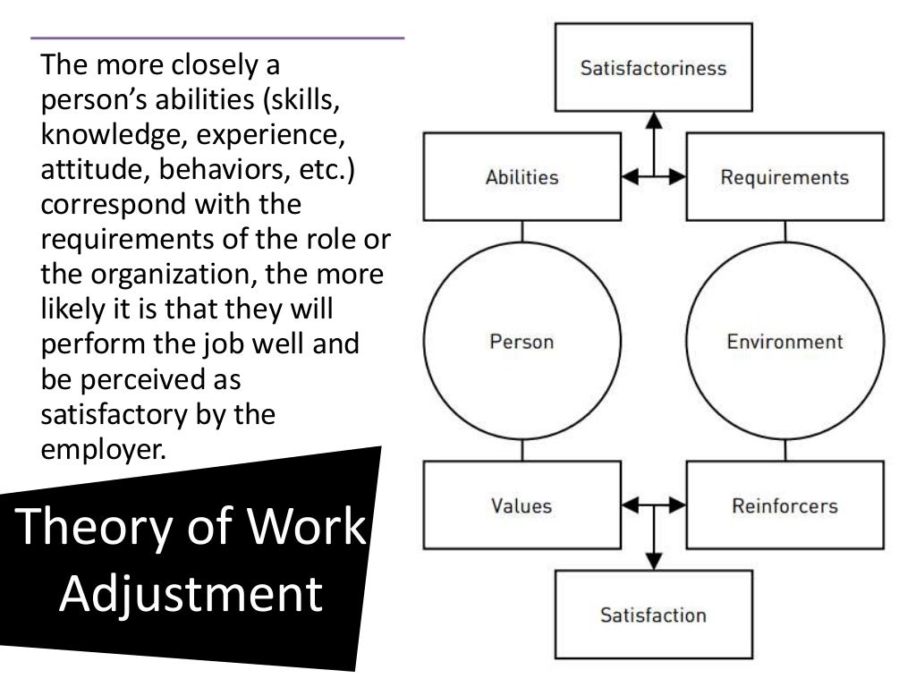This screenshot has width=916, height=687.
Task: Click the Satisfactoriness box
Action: coord(653,68)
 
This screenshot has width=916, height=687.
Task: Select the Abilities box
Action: coord(522,177)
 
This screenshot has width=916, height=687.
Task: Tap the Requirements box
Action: coord(785,177)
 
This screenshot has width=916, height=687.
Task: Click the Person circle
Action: coord(522,342)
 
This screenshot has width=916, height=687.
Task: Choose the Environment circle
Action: coord(785,342)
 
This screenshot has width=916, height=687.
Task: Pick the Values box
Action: coord(522,505)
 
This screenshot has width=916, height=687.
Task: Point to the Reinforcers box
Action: coord(785,505)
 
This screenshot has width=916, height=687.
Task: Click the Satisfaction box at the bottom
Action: coord(653,615)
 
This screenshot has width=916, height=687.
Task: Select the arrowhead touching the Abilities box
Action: coord(630,177)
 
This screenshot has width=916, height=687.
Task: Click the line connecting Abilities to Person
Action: coord(522,231)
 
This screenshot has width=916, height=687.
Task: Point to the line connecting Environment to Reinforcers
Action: coord(785,453)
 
